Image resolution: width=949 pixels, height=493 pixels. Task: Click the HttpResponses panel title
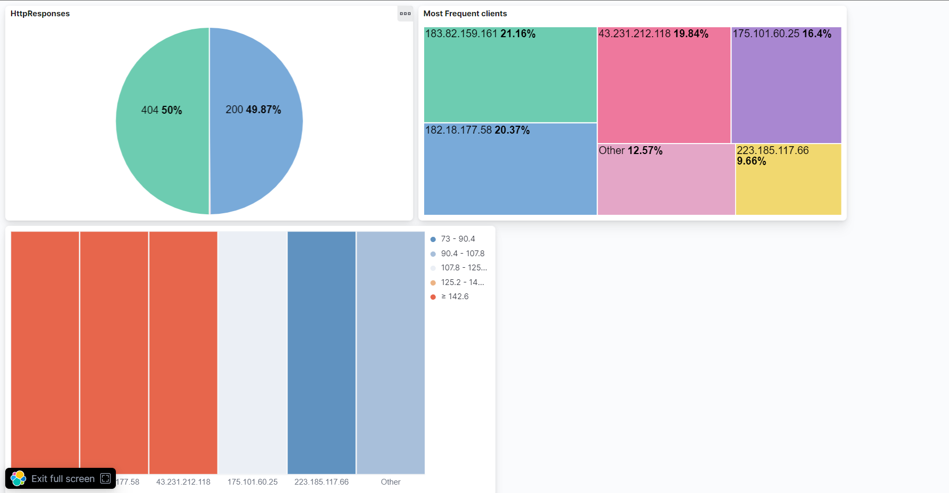pos(40,14)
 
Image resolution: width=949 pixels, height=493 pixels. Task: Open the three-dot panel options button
pos(405,14)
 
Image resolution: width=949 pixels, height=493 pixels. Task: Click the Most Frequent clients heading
pos(465,14)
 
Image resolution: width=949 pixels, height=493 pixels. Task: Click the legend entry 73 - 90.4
pos(458,239)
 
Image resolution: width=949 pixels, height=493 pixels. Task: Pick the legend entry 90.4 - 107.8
pos(462,254)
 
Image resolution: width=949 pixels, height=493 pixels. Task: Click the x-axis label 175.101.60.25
pos(252,481)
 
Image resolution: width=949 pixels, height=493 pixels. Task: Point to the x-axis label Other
pos(391,481)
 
